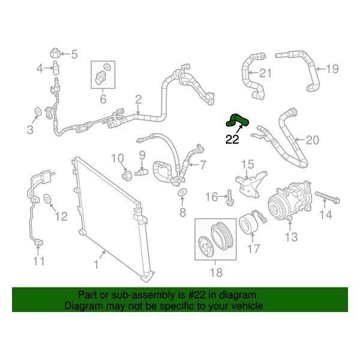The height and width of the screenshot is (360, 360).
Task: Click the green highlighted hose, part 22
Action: click(x=235, y=121)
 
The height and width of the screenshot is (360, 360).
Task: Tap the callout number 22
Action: click(x=232, y=140)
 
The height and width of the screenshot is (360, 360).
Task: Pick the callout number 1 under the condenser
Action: click(x=97, y=263)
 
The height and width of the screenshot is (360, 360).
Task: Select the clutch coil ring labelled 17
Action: click(x=248, y=226)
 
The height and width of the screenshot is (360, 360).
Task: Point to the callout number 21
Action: click(x=265, y=74)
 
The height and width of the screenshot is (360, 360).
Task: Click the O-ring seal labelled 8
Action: click(x=182, y=192)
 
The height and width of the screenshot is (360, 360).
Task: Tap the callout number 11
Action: click(x=38, y=261)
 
